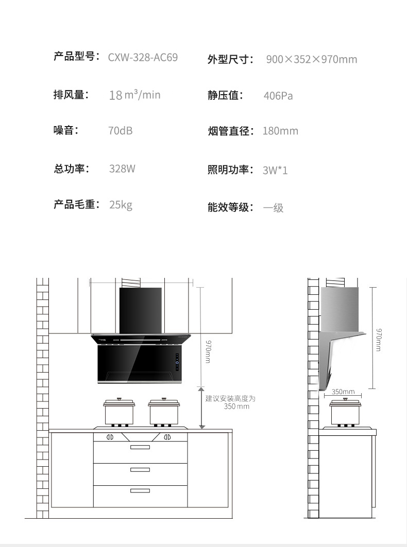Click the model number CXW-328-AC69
click(143, 57)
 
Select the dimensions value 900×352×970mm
click(312, 59)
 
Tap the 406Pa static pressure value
click(278, 96)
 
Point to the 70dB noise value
click(120, 131)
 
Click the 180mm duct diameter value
click(280, 131)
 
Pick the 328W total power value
click(122, 168)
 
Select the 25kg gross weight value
click(121, 205)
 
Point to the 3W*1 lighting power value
click(275, 170)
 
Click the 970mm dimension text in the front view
click(208, 351)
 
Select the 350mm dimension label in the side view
click(343, 392)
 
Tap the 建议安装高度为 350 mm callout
click(231, 402)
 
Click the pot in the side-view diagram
click(345, 412)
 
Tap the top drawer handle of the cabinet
click(140, 447)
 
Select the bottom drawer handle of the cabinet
click(140, 491)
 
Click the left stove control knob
click(110, 437)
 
